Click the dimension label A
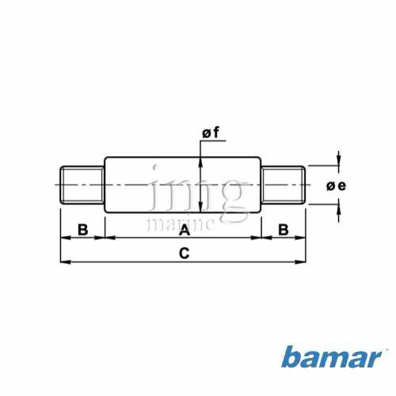[185, 230]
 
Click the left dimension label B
[82, 230]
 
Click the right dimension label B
[284, 230]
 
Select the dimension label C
[184, 253]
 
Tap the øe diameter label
[336, 186]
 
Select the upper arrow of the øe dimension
[339, 161]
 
